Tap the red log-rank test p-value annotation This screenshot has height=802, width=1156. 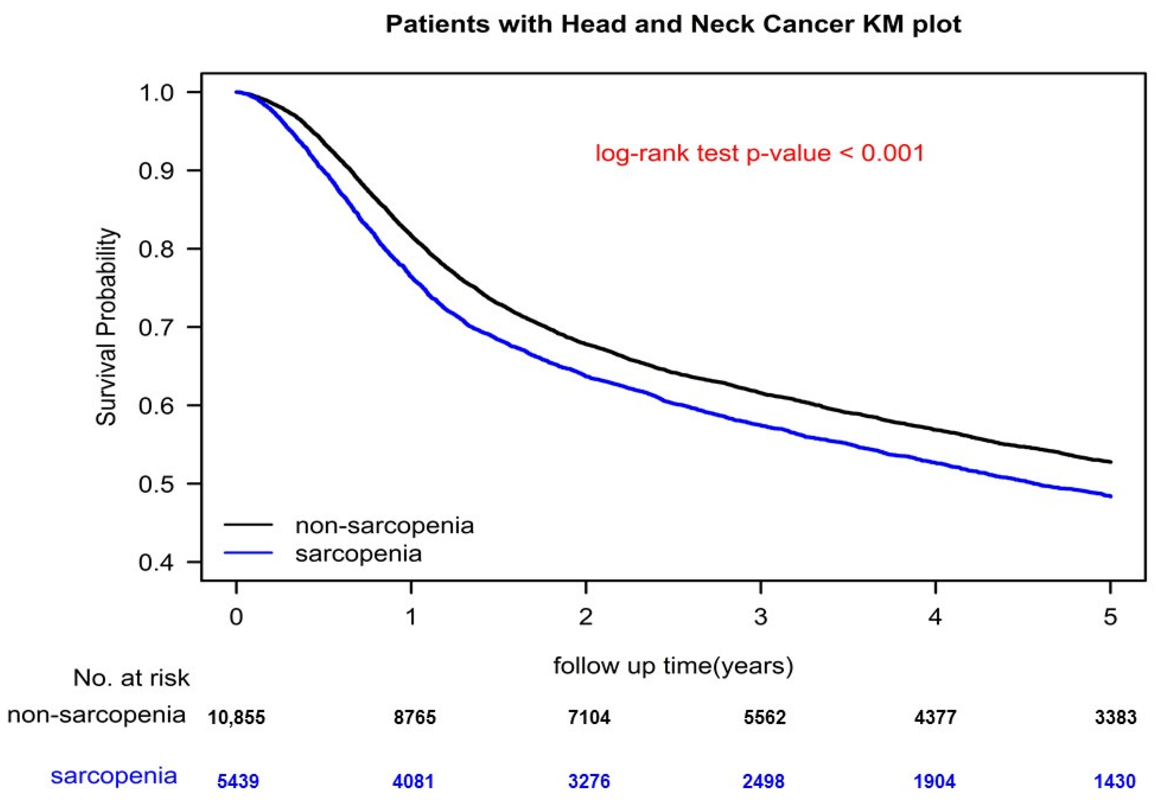click(759, 153)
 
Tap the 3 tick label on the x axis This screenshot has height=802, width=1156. click(761, 617)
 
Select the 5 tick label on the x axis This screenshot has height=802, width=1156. click(1110, 617)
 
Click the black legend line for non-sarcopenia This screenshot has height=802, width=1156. click(248, 525)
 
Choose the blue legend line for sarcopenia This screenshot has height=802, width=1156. click(248, 553)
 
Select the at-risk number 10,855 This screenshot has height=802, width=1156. click(236, 717)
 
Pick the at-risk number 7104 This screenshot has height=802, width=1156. click(589, 717)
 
